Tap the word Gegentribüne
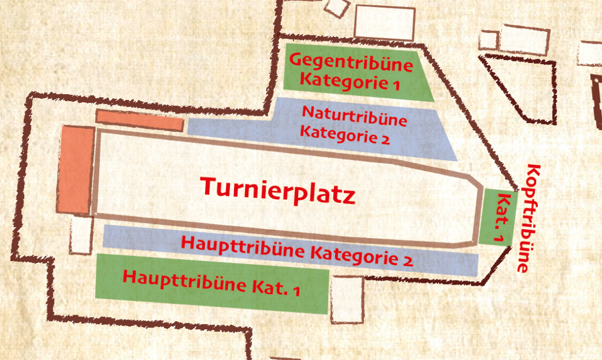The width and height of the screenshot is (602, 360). [x=352, y=62]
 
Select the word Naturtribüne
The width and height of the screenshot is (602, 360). [x=354, y=115]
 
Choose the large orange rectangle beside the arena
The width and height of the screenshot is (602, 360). [x=75, y=169]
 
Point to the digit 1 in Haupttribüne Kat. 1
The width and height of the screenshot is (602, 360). [x=296, y=291]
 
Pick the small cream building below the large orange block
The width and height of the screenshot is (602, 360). [x=81, y=234]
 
